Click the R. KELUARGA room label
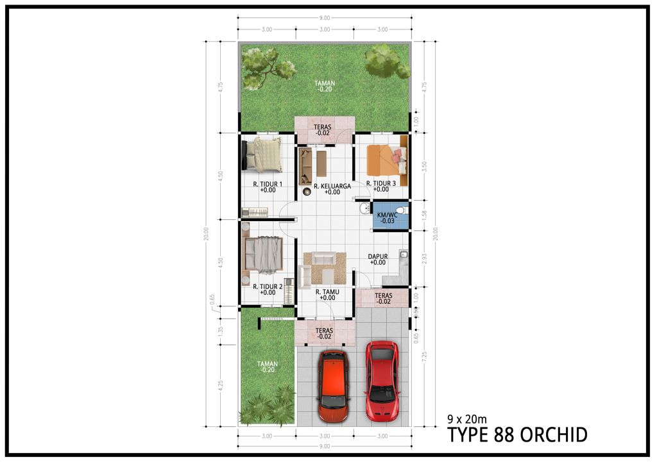pyautogui.click(x=332, y=186)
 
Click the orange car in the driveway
pyautogui.click(x=333, y=386)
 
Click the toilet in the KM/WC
pyautogui.click(x=401, y=210)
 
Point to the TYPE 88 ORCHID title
pyautogui.click(x=517, y=435)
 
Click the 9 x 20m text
pyautogui.click(x=467, y=420)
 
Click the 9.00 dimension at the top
pyautogui.click(x=325, y=17)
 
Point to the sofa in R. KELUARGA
pyautogui.click(x=305, y=165)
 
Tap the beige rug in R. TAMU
pyautogui.click(x=325, y=268)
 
